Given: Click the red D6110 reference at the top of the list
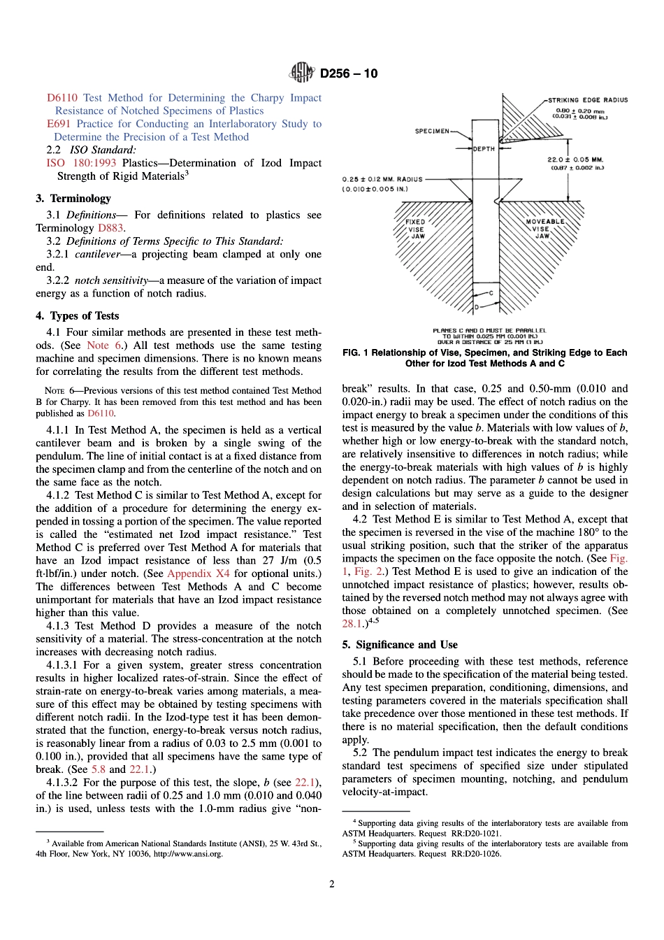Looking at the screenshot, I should (x=62, y=98).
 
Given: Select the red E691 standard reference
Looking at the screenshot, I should (x=59, y=124).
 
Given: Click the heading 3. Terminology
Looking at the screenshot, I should (x=73, y=199).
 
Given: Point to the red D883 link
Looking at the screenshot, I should (x=110, y=228).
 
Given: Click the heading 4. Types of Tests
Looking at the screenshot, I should (x=78, y=316).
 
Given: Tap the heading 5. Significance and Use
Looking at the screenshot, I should (x=400, y=645).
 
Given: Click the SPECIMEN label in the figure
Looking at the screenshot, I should (x=432, y=131).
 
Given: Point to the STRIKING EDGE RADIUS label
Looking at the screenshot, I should (x=587, y=100).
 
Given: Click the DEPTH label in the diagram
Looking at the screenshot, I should (x=484, y=149).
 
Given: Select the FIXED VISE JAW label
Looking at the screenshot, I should (x=415, y=229).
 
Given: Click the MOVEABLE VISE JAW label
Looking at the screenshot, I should (x=544, y=229).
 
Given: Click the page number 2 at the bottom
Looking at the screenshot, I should (x=332, y=884).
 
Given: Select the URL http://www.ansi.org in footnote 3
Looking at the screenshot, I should (x=188, y=854).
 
